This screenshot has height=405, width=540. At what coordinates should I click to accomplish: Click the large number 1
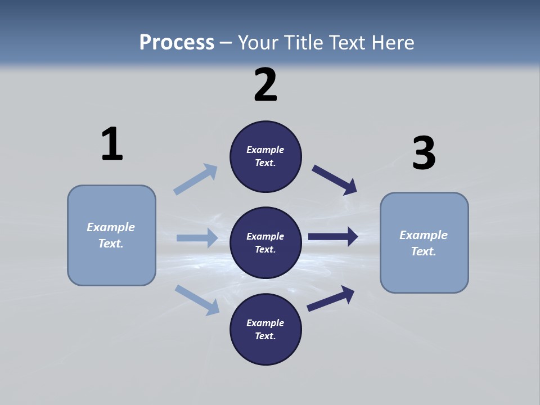(x=112, y=144)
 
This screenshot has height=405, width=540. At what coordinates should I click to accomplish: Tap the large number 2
(x=265, y=85)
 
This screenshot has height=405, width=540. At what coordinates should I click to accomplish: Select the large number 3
(x=424, y=153)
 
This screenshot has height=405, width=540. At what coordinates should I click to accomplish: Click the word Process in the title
(x=177, y=42)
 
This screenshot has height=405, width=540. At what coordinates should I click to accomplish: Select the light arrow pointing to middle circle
(x=197, y=238)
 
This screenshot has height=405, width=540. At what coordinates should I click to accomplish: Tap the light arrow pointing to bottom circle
(x=197, y=299)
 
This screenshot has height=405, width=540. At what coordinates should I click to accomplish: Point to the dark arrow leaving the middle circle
(x=333, y=237)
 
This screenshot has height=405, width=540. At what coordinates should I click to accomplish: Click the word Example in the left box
(x=111, y=227)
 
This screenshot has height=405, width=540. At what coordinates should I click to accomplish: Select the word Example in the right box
(x=424, y=235)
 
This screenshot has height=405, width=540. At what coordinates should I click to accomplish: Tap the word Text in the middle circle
(x=264, y=249)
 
